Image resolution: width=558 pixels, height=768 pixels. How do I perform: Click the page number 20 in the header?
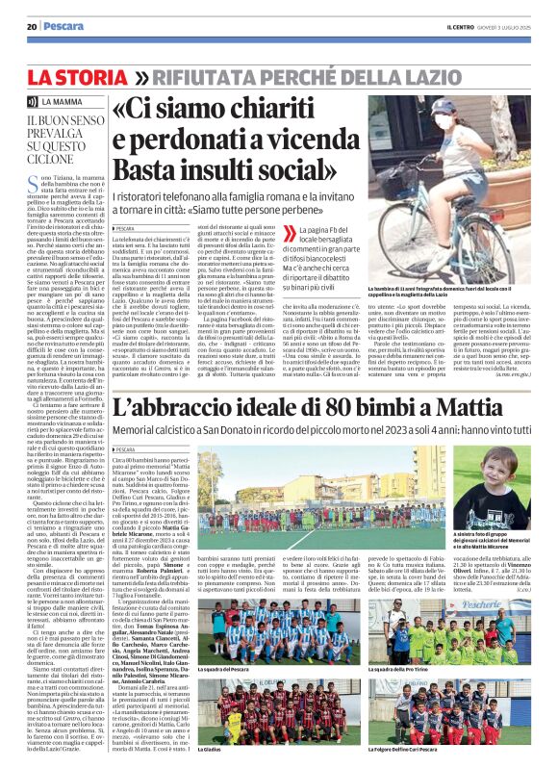[x=32, y=26]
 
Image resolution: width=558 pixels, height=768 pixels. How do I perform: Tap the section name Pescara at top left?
[x=61, y=26]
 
